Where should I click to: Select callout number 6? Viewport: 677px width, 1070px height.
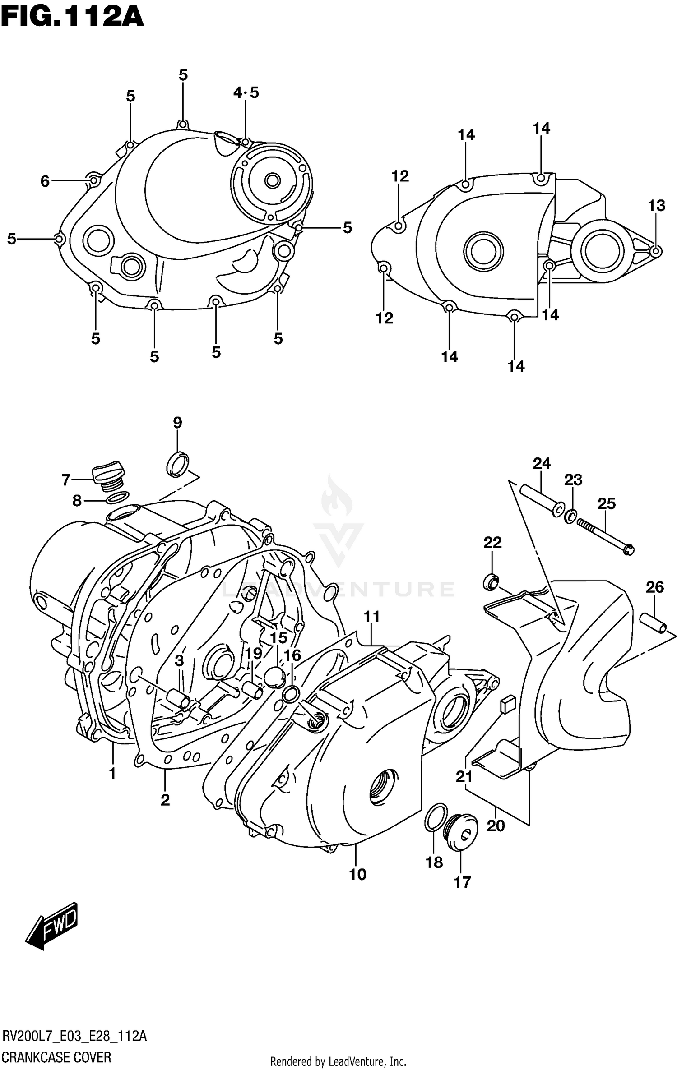coord(45,181)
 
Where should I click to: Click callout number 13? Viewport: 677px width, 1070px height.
coord(656,206)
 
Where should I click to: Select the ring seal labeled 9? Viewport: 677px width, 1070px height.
coord(178,463)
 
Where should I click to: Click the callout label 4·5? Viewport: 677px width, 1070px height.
coord(246,93)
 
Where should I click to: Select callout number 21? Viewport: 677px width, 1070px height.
coord(464,776)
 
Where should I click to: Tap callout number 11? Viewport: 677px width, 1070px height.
coord(371,616)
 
